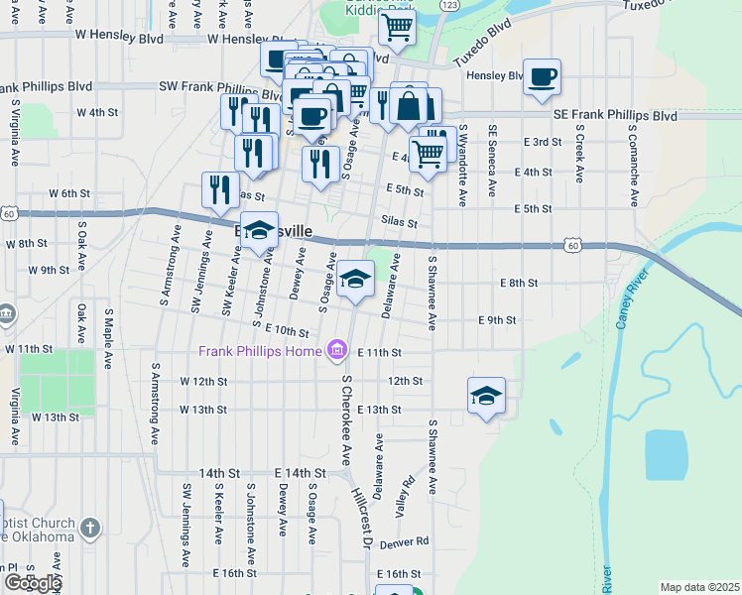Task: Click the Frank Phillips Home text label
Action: [x=259, y=351]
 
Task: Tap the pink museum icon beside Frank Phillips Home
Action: [x=336, y=351]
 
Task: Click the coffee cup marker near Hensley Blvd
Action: [x=542, y=77]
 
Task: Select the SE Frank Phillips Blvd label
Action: [x=615, y=116]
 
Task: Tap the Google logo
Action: [x=32, y=583]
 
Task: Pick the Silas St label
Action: [x=399, y=222]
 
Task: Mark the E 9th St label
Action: [x=497, y=320]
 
